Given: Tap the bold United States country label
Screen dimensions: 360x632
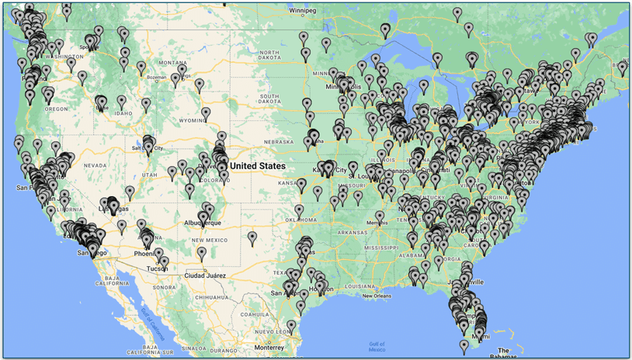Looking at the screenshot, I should [258, 166].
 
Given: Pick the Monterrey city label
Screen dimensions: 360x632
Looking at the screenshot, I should [269, 347].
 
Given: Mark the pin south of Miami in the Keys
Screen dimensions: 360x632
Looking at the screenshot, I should [464, 344].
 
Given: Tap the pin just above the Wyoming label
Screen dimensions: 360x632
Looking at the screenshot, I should [206, 113].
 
